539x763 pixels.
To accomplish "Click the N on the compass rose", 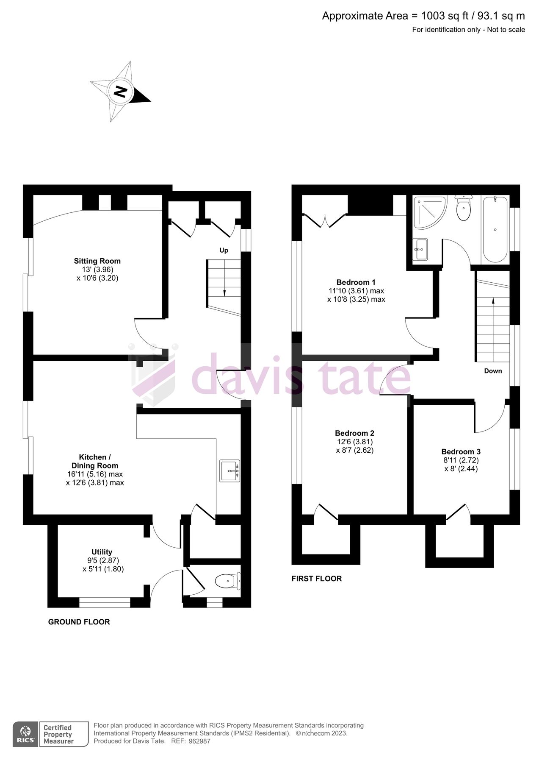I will pyautogui.click(x=121, y=92).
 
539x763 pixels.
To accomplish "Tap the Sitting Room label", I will pyautogui.click(x=97, y=261).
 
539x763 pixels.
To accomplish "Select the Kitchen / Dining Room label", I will pyautogui.click(x=95, y=461).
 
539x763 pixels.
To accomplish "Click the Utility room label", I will pyautogui.click(x=102, y=551).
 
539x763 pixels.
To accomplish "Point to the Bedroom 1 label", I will pyautogui.click(x=356, y=282).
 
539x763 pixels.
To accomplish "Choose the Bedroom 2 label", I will pyautogui.click(x=354, y=433).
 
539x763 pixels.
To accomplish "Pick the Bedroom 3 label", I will pyautogui.click(x=461, y=452).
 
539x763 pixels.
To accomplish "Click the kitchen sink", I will pyautogui.click(x=229, y=471).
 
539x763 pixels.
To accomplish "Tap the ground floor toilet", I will pyautogui.click(x=227, y=581).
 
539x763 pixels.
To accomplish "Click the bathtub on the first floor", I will pyautogui.click(x=495, y=229).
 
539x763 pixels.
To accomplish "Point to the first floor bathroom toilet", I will pyautogui.click(x=464, y=208).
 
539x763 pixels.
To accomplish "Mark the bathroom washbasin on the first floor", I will pyautogui.click(x=420, y=249).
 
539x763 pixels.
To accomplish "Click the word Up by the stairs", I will pyautogui.click(x=224, y=251).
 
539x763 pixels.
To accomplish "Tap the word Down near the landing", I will pyautogui.click(x=493, y=371).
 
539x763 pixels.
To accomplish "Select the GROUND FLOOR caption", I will pyautogui.click(x=79, y=622).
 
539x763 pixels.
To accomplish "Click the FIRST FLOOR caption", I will pyautogui.click(x=316, y=579).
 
